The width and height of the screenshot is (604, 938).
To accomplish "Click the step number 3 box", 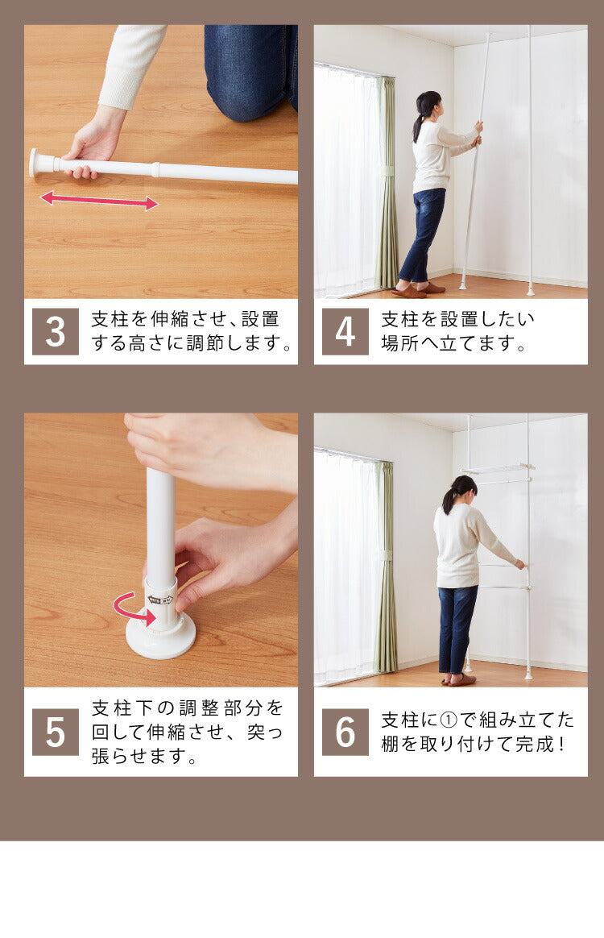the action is [55, 331].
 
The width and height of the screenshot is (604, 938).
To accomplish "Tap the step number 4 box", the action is [345, 331].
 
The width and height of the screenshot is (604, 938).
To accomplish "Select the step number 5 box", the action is [55, 733].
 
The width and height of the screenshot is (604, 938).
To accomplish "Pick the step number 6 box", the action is [345, 733].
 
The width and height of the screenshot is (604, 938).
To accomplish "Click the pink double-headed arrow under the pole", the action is [99, 201].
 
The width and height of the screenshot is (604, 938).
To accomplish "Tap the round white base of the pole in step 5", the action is [160, 637].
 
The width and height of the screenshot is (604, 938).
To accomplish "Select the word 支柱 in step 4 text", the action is [400, 319].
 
